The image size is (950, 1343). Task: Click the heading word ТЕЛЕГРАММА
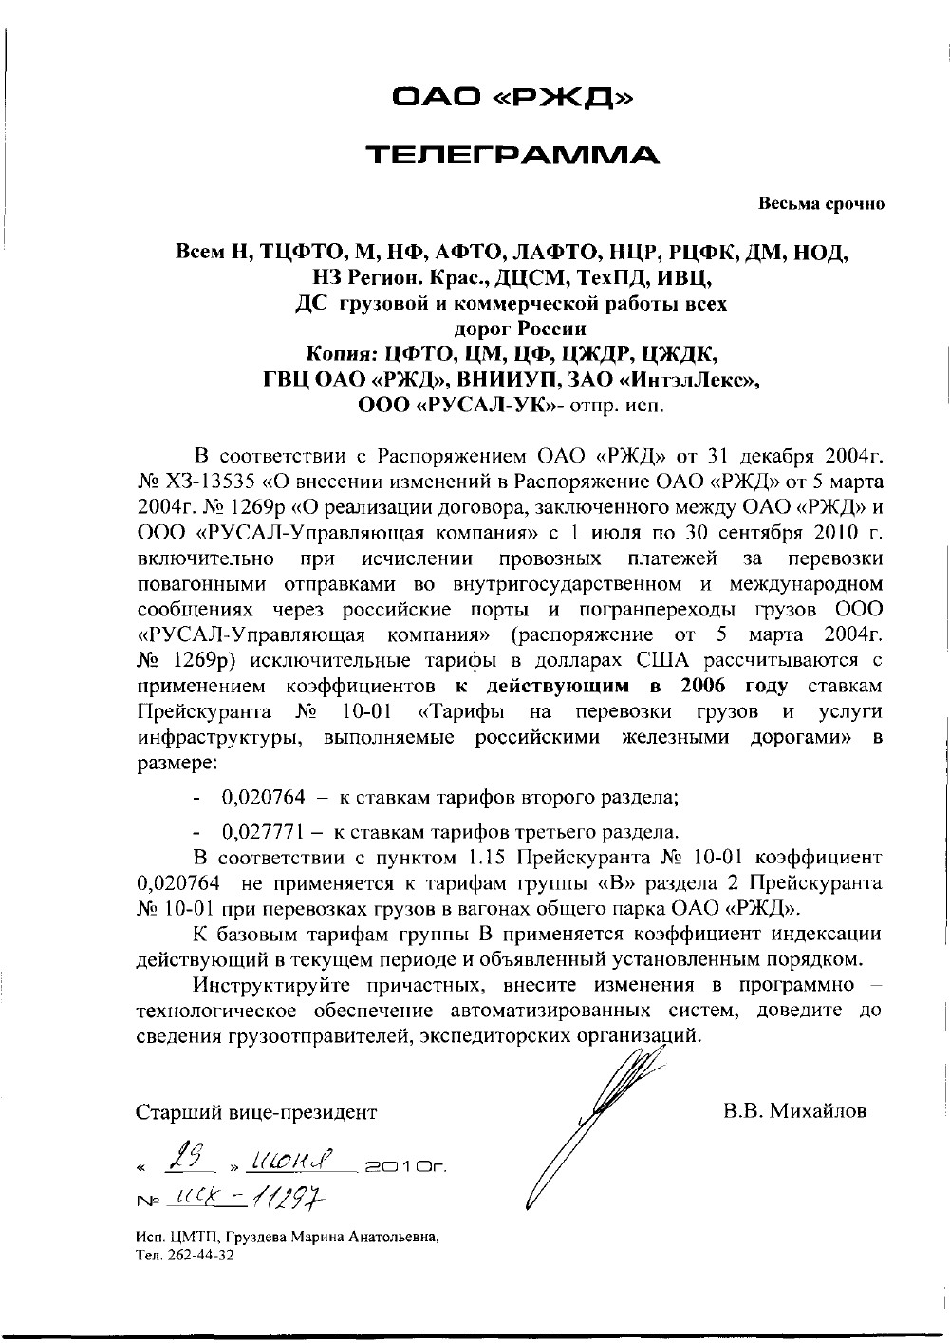(x=512, y=154)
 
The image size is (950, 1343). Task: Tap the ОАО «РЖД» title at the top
(x=513, y=96)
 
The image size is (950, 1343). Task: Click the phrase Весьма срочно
(x=821, y=204)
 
